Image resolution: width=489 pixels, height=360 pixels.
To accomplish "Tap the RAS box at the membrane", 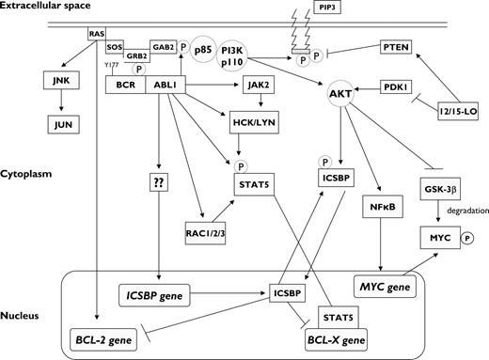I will (x=96, y=34).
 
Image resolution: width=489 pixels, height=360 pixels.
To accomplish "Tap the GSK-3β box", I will (x=446, y=187).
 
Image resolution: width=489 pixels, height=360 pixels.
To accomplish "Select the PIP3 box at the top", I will (x=355, y=8).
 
